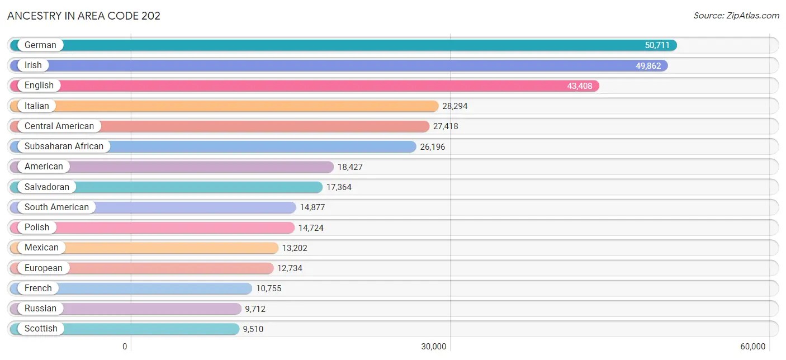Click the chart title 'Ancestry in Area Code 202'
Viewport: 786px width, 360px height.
[x=84, y=16]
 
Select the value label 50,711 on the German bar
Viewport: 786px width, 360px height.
[x=657, y=45]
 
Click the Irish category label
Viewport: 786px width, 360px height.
[x=33, y=65]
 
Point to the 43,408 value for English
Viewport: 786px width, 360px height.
[x=580, y=86]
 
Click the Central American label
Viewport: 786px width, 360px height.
[x=59, y=126]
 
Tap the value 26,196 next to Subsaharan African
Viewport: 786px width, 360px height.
[x=433, y=147]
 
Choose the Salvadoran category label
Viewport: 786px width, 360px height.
[x=47, y=187]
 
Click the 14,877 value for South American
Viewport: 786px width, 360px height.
[x=312, y=207]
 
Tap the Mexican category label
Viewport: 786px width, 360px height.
[x=41, y=248]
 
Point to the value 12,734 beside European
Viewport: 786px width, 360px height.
[x=290, y=268]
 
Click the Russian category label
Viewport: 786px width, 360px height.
[x=40, y=309]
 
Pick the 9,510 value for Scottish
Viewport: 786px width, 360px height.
[x=253, y=329]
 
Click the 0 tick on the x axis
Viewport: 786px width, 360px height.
[x=125, y=347]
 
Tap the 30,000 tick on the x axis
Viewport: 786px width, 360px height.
[x=433, y=347]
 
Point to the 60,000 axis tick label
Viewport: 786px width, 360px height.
[x=752, y=347]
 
